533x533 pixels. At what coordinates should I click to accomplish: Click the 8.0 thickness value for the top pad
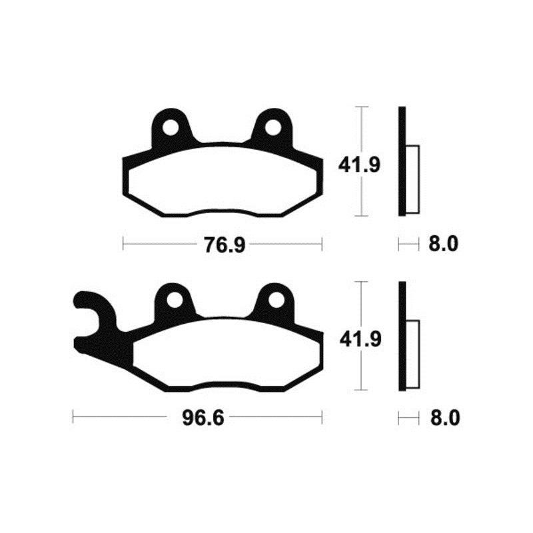tap(442, 245)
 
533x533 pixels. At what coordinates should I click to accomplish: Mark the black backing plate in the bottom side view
tap(402, 336)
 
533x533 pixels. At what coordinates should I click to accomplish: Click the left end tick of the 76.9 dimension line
tap(124, 244)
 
